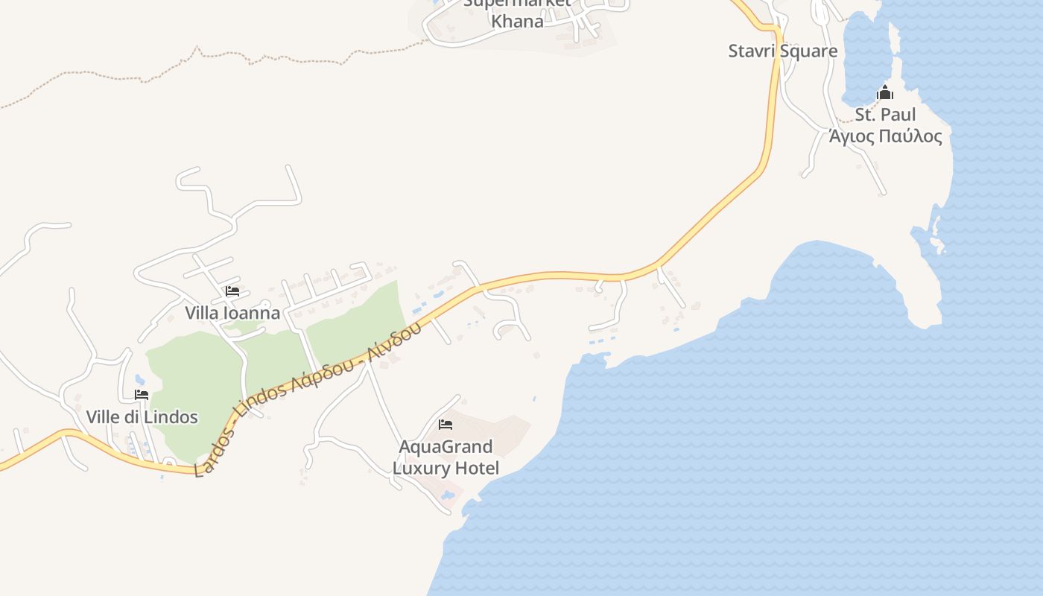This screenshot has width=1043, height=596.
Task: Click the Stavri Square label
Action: (x=782, y=51)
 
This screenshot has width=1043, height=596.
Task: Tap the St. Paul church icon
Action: (x=885, y=92)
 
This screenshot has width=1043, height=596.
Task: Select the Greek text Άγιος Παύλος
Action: (x=886, y=136)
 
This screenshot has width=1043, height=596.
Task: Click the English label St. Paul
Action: (x=885, y=115)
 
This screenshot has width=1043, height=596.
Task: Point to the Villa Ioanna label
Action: (x=232, y=313)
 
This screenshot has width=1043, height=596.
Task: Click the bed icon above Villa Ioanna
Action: (x=232, y=291)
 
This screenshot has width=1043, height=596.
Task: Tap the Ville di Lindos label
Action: (x=142, y=417)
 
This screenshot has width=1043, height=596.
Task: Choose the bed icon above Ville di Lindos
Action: (x=142, y=395)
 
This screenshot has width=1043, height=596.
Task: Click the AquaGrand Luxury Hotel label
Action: (x=446, y=457)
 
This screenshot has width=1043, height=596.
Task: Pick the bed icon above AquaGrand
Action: (x=446, y=425)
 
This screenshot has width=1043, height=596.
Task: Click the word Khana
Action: (x=517, y=21)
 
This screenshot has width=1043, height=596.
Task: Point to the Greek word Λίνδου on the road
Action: (x=398, y=339)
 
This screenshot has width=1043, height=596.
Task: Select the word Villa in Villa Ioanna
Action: (x=202, y=313)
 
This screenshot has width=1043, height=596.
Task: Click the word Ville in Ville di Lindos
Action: (x=103, y=417)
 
